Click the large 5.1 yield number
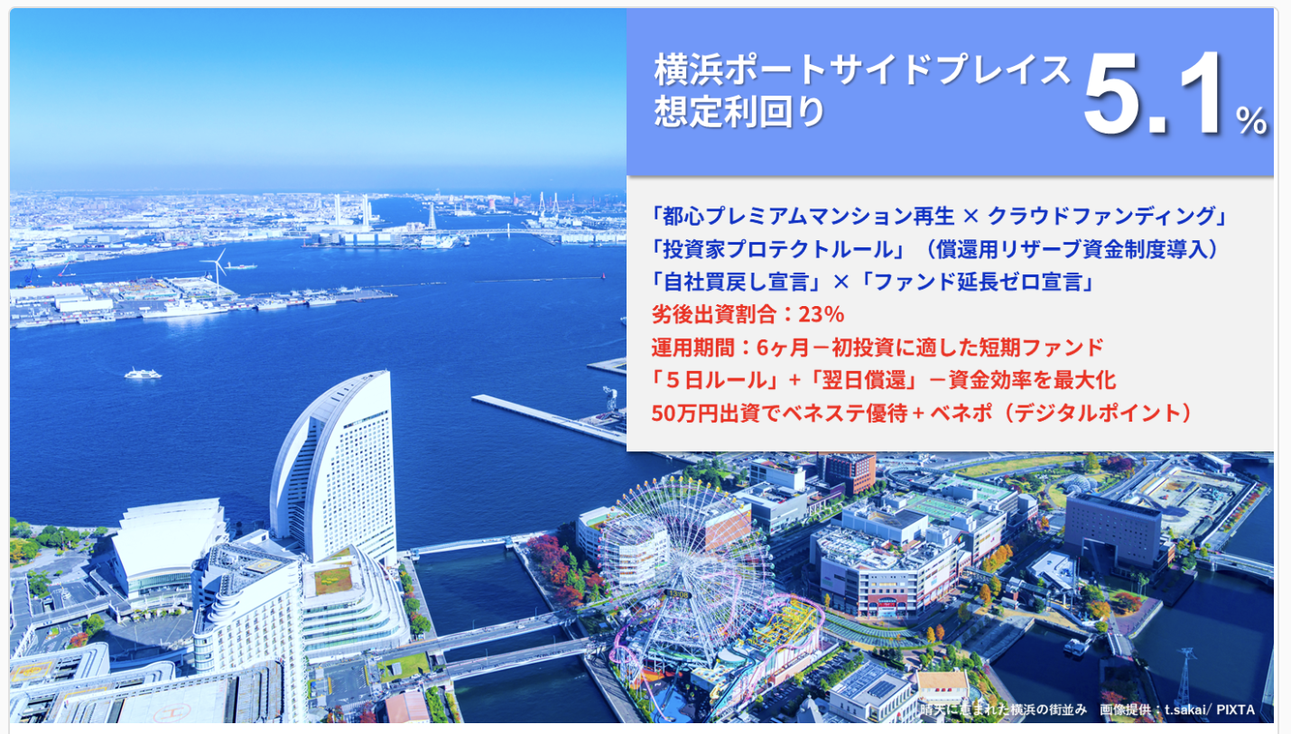pos(1153,93)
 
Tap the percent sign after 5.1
pos(1251,120)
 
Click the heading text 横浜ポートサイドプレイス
pos(862,70)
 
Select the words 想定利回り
pos(740,111)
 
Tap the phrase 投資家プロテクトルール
pos(778,249)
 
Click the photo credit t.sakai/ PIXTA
pos(1209,710)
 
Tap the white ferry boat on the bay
pos(143,374)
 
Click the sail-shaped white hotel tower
pos(337,467)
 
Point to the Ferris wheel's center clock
pos(678,593)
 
